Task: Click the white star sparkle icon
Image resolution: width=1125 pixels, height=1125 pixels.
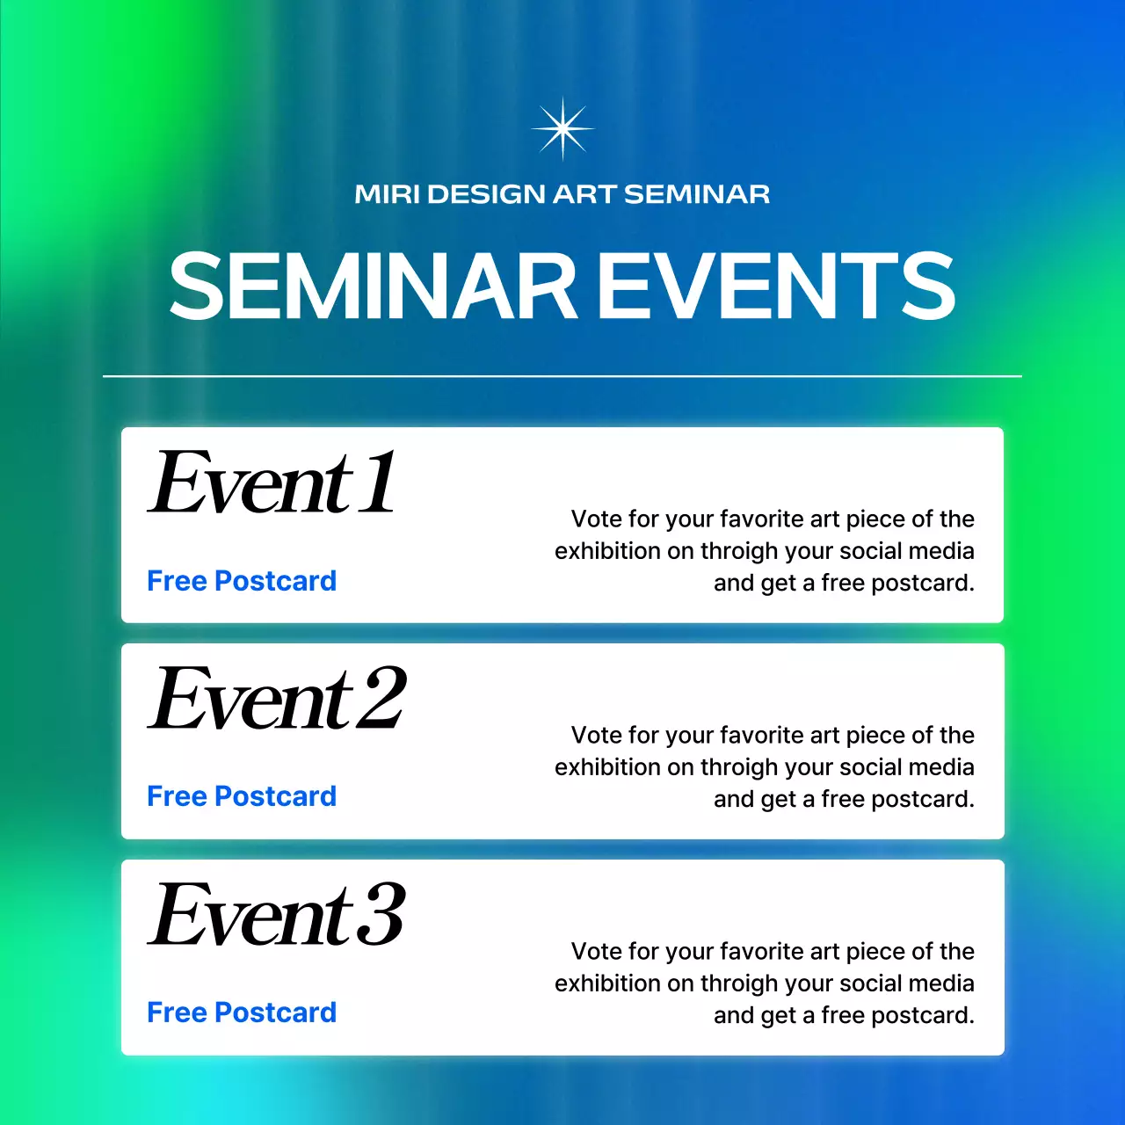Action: [x=562, y=128]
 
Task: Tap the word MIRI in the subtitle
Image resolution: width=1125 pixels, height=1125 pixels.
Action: [x=387, y=194]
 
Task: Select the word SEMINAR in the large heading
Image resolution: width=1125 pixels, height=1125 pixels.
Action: [x=373, y=287]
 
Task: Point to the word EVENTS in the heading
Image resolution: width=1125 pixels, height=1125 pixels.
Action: [x=777, y=287]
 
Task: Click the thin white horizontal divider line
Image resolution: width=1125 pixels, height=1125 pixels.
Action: [x=562, y=376]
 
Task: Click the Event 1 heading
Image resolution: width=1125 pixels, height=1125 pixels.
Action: [x=272, y=483]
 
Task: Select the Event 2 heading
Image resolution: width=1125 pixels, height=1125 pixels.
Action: [x=278, y=699]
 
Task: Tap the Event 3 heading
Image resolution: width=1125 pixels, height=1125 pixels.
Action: [x=278, y=915]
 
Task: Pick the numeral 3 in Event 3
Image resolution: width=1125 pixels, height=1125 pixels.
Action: [x=381, y=915]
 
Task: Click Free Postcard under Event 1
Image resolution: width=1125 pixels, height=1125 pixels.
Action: [x=242, y=581]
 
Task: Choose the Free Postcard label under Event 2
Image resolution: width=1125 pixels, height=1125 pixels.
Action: [x=242, y=796]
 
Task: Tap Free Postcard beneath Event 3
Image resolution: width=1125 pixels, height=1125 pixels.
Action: [x=242, y=1012]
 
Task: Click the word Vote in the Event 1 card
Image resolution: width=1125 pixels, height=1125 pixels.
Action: [x=597, y=519]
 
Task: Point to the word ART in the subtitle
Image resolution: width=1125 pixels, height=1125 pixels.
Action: [x=584, y=194]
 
